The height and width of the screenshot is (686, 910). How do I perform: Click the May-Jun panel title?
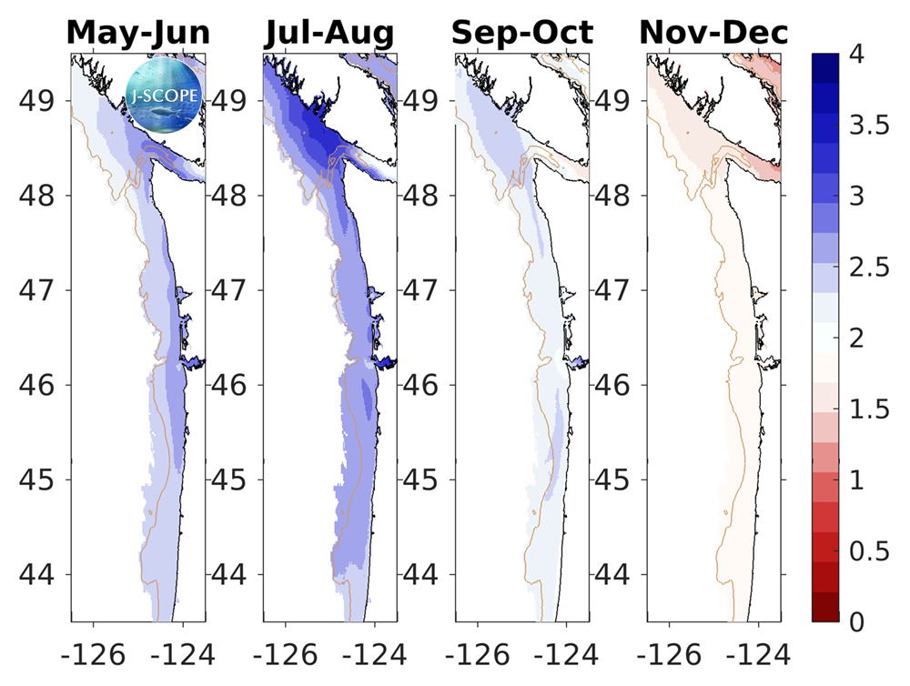coord(138,33)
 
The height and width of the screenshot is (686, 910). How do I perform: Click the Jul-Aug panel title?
coord(330,33)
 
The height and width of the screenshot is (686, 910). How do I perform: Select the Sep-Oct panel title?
coord(522,33)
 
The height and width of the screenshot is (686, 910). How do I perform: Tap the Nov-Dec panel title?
coord(714,33)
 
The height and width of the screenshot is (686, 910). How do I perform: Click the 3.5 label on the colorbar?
coord(867,126)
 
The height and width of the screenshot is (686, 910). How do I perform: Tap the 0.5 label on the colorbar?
coord(867,550)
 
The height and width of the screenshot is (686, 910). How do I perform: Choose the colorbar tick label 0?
coord(856,621)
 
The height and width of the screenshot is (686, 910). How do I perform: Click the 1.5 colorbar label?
coord(867,409)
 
